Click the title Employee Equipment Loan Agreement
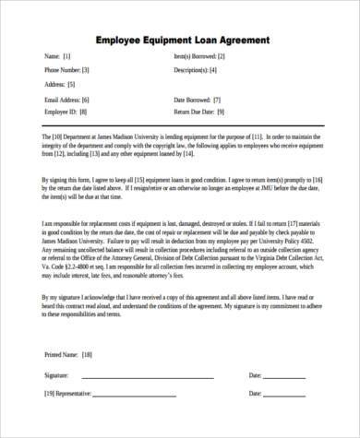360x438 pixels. coord(182,41)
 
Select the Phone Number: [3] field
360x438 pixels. coord(67,70)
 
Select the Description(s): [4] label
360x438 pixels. coord(196,70)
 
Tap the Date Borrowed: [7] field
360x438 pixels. coord(197,100)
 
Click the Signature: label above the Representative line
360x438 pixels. coord(56,375)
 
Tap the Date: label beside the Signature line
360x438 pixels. coord(256,375)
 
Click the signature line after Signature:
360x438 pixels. coord(148,377)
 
